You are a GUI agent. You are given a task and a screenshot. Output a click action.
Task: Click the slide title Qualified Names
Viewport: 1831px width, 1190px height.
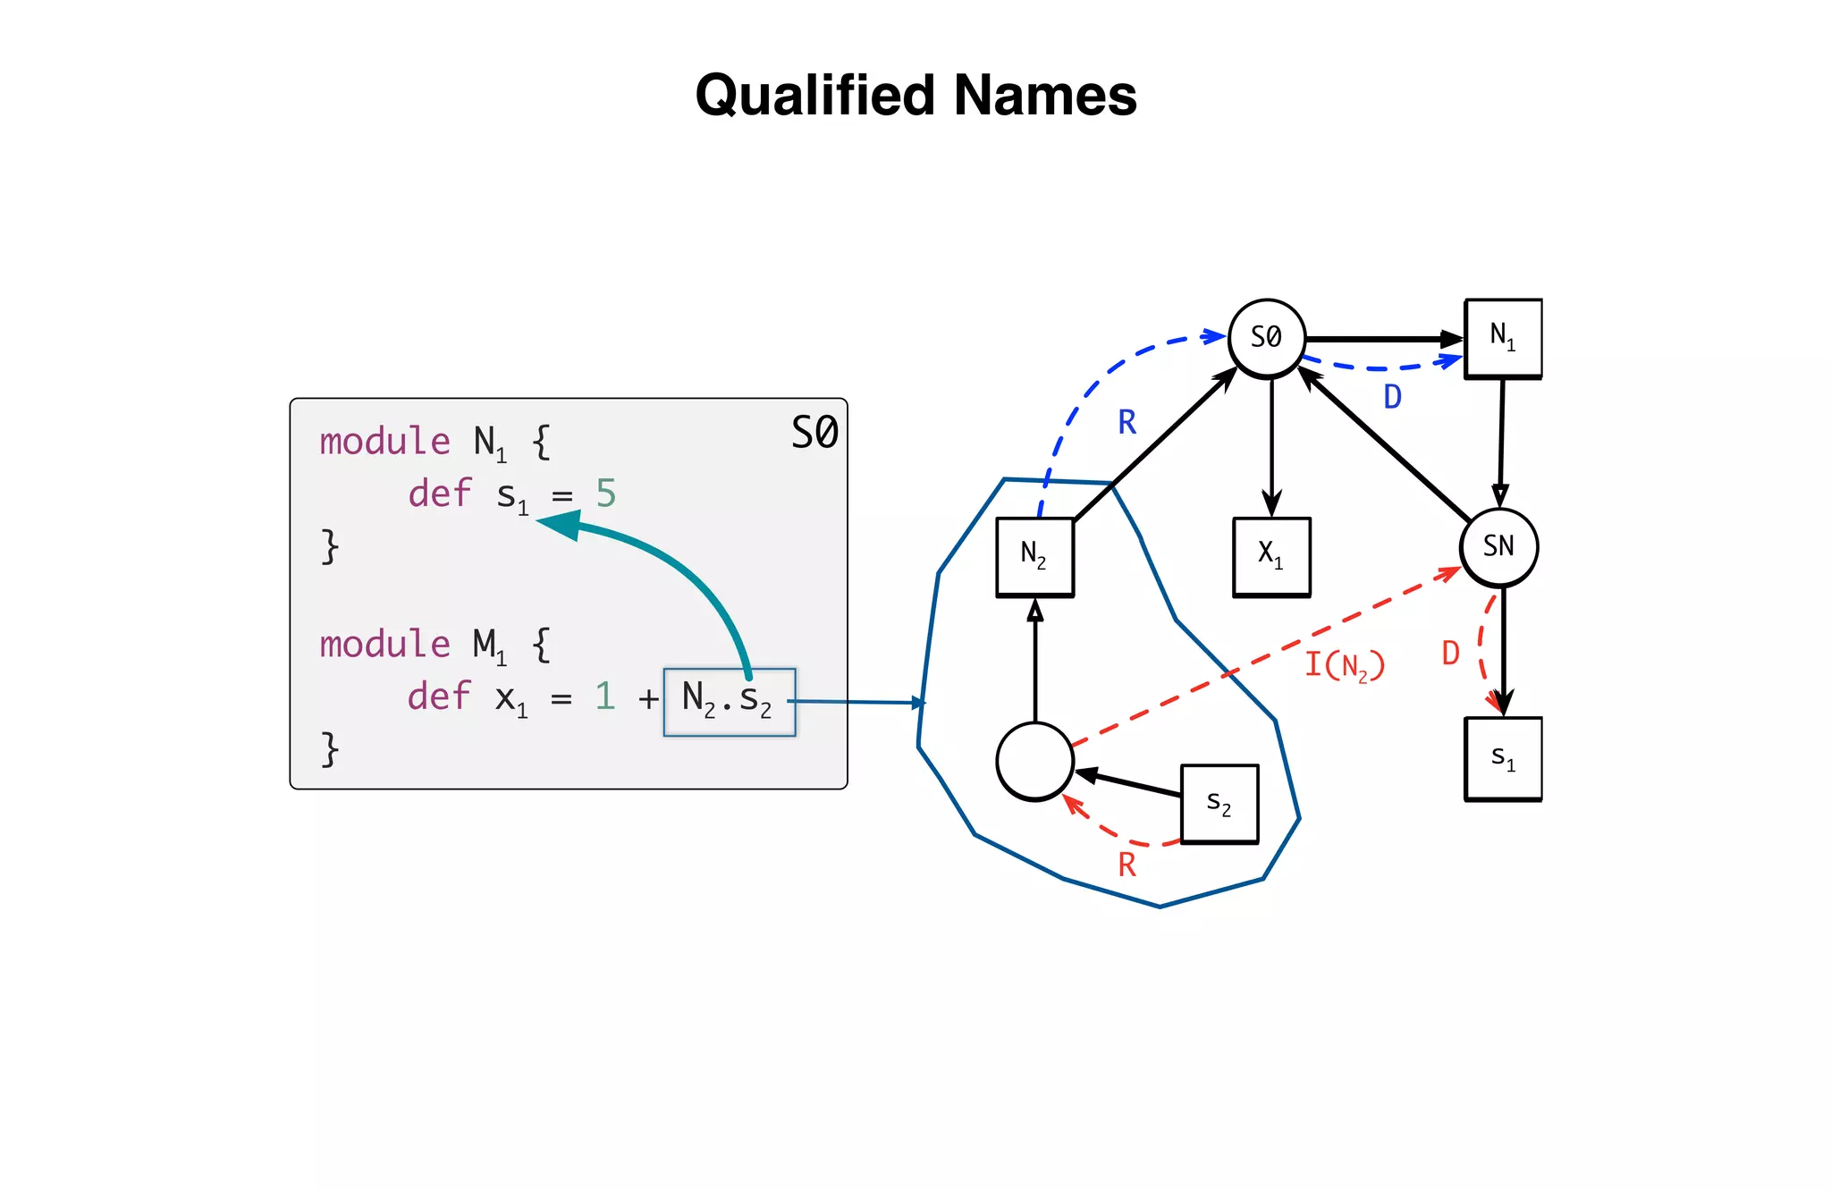point(915,95)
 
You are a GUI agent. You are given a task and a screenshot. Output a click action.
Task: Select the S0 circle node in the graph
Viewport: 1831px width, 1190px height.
point(1267,338)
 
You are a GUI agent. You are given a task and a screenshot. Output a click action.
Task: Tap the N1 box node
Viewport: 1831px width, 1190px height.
point(1503,338)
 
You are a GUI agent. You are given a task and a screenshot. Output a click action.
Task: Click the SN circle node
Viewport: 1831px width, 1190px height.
point(1499,546)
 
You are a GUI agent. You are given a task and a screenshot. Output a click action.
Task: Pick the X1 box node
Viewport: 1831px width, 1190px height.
point(1271,556)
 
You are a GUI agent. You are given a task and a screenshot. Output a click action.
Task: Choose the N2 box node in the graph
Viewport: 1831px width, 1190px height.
point(1034,556)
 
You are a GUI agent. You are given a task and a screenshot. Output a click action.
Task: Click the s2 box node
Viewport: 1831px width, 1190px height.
point(1219,803)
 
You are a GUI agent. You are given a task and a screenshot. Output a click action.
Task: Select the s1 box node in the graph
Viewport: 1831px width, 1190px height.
point(1503,758)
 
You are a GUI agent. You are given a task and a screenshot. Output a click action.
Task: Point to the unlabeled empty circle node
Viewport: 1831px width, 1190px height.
point(1034,761)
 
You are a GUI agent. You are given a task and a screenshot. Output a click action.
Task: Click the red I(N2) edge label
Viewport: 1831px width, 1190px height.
point(1345,665)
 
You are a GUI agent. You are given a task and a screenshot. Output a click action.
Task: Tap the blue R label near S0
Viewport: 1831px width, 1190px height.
point(1127,422)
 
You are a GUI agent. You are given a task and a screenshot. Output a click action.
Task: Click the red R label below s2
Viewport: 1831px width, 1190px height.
point(1127,865)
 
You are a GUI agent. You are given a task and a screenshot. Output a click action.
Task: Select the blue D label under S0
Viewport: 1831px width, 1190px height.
point(1392,397)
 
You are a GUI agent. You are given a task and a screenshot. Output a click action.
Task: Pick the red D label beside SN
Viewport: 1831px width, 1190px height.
point(1450,654)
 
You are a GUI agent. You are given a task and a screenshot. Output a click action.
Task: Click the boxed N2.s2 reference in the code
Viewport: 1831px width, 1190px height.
point(729,701)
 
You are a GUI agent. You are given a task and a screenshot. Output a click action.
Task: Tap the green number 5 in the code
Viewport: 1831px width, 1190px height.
point(605,493)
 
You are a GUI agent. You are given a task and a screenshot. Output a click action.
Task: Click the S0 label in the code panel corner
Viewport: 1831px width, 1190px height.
point(814,433)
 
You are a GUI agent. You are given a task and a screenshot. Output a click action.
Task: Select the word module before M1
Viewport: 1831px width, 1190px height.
point(385,644)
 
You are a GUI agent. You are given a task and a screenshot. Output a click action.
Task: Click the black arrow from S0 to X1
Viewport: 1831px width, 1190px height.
point(1271,447)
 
